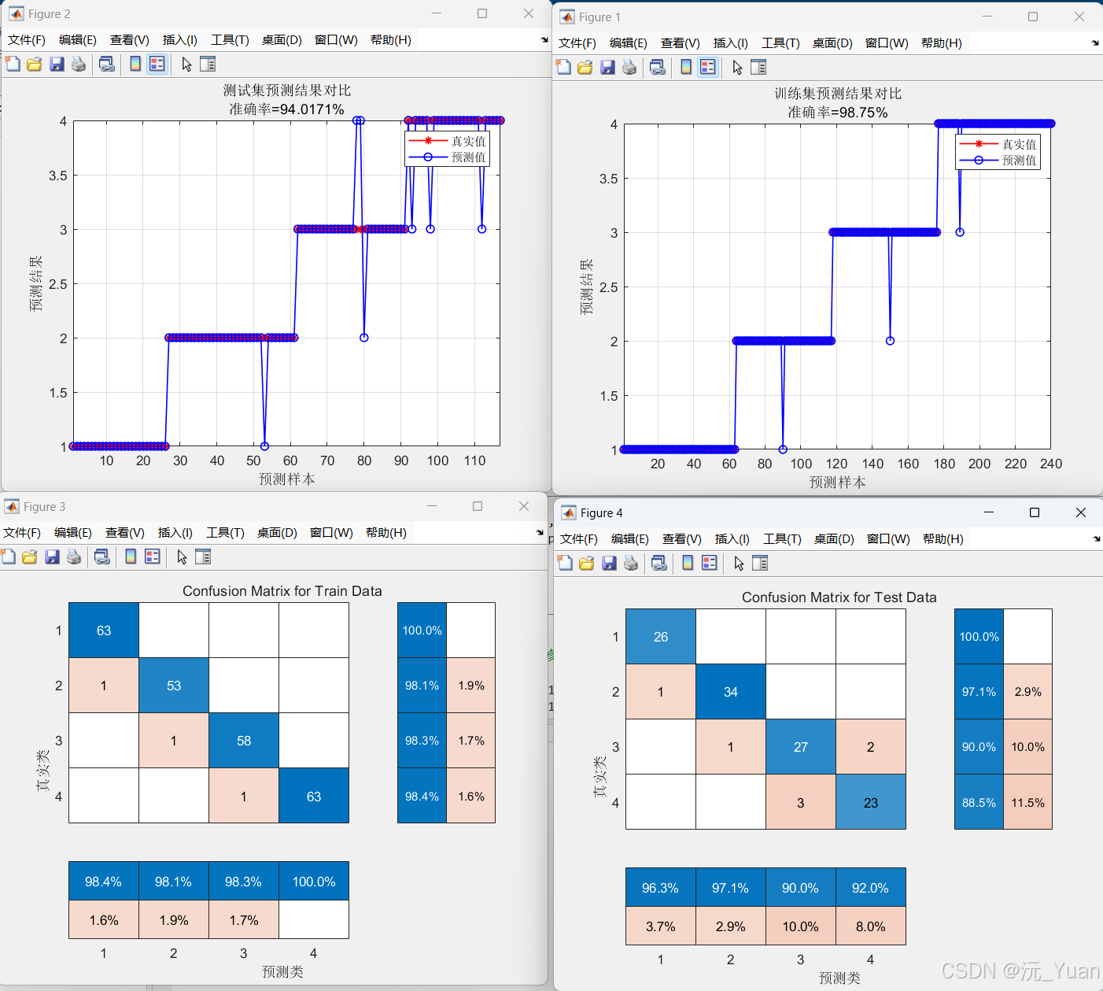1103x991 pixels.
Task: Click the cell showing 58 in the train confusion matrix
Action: pos(243,741)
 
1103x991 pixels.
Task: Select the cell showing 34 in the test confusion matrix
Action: pos(731,692)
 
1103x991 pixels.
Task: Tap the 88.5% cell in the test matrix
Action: pos(979,803)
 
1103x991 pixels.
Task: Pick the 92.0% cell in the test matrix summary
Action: pos(871,888)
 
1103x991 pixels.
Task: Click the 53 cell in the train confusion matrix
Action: pos(174,686)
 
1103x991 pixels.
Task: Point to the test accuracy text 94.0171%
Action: pos(308,109)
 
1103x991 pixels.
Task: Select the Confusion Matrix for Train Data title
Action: pos(282,591)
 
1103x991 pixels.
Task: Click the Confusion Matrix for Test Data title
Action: pos(839,597)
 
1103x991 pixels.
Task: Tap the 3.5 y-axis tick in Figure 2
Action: pos(57,176)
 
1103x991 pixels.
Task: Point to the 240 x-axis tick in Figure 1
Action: pos(1051,464)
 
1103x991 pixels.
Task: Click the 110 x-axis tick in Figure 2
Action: pos(474,461)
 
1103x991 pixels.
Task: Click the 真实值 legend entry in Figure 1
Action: pos(998,144)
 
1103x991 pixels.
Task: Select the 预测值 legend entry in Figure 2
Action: pos(447,157)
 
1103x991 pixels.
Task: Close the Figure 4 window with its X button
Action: pos(1081,512)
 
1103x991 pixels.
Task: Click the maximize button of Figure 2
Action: pos(481,13)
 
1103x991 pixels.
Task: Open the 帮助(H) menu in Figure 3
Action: pos(386,532)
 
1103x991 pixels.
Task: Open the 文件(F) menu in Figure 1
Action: pos(577,43)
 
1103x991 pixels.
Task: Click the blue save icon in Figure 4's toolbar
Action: pos(609,564)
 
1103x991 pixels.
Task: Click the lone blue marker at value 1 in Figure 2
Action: pos(264,446)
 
